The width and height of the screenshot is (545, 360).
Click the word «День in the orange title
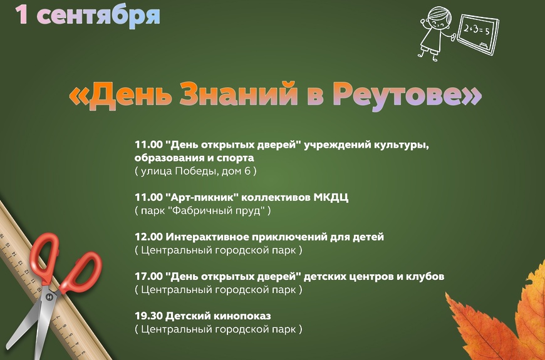pyautogui.click(x=120, y=94)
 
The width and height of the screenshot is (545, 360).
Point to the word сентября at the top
pyautogui.click(x=98, y=17)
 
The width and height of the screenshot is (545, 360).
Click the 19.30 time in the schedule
pyautogui.click(x=148, y=316)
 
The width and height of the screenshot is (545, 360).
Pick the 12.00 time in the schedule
pyautogui.click(x=148, y=237)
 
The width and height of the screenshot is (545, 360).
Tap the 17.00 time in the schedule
pyautogui.click(x=148, y=276)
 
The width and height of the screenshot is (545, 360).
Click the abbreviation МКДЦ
pyautogui.click(x=331, y=198)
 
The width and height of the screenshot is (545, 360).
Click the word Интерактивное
pyautogui.click(x=207, y=237)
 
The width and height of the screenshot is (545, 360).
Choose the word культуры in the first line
pyautogui.click(x=402, y=145)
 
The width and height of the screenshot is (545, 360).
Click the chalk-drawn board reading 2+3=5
pyautogui.click(x=478, y=34)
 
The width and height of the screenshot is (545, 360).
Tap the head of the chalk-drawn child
pyautogui.click(x=439, y=19)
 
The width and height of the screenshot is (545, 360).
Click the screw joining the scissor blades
pyautogui.click(x=49, y=297)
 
